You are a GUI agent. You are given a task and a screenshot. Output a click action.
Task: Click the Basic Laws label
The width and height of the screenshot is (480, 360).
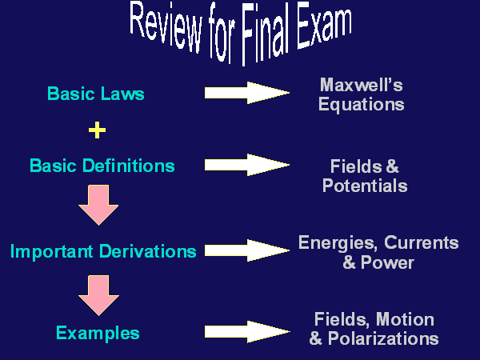pos(96,94)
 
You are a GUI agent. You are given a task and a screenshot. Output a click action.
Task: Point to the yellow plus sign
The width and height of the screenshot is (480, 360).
pos(97,130)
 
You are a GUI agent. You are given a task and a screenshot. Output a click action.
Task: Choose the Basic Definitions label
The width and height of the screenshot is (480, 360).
pos(102,166)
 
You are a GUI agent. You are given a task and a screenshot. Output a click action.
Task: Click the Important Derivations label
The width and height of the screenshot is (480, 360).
pos(103,251)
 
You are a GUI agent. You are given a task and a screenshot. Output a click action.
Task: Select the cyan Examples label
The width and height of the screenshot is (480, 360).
pos(98,333)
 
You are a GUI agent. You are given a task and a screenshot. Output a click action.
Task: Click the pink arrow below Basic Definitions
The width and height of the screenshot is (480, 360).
pos(98,205)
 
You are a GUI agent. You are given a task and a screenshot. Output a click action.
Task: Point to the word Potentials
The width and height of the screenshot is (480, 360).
pos(365,186)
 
